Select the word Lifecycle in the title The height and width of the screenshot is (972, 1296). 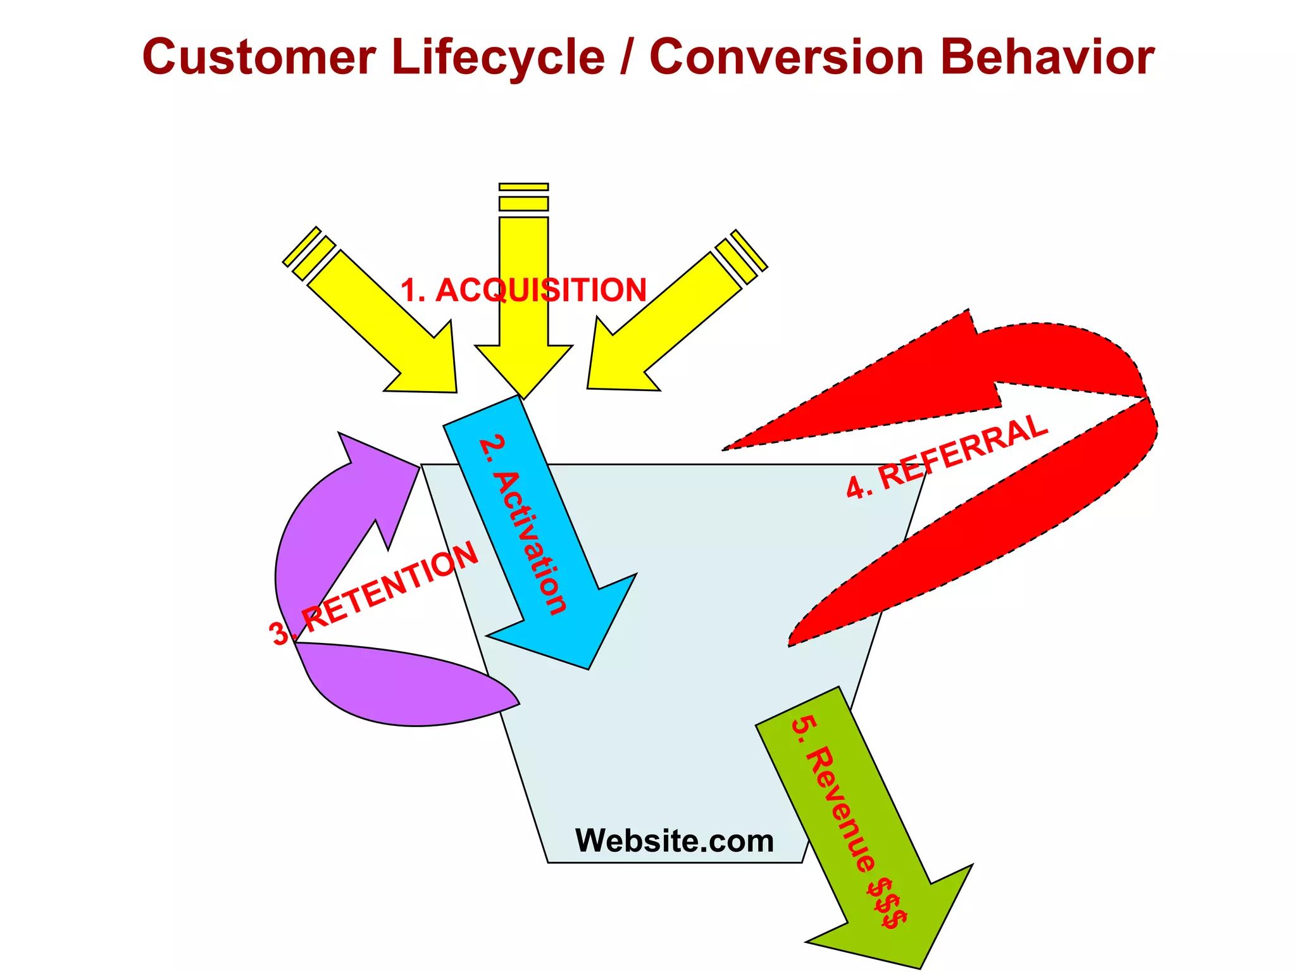point(498,57)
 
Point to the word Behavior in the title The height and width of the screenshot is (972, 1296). point(1047,57)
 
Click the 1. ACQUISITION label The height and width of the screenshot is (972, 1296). point(523,290)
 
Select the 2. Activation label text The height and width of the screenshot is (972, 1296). point(523,525)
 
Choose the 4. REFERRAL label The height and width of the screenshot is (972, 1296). point(947,456)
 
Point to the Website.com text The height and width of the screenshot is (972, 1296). point(675,841)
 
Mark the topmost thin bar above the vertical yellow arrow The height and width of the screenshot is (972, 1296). point(523,187)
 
